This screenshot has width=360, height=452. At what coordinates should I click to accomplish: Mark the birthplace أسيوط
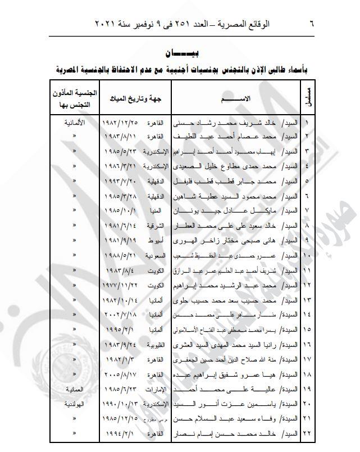pos(155,240)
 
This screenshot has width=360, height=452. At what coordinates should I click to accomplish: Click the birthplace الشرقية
pos(154,225)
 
